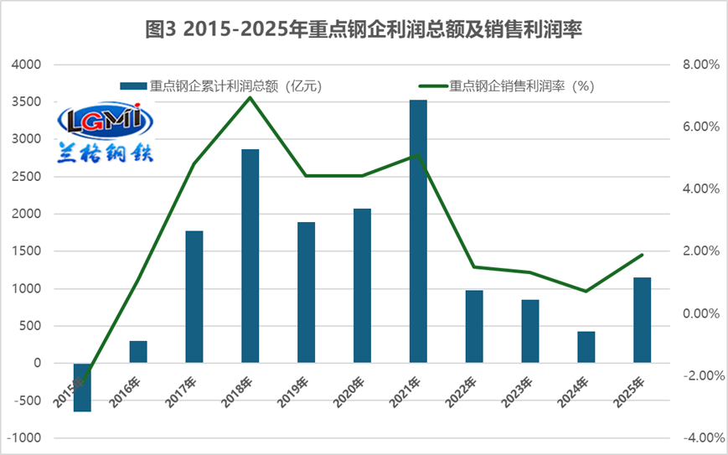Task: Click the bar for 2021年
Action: pos(418,231)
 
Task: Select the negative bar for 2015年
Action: pos(82,387)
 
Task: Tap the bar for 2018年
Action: pos(250,256)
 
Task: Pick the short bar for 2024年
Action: pos(586,347)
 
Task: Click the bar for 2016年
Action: pos(138,352)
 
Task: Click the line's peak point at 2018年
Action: pos(250,98)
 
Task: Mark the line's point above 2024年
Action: pos(586,291)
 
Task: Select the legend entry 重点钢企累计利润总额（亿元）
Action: pos(221,85)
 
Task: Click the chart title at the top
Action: pos(364,30)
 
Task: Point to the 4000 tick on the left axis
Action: pos(27,65)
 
